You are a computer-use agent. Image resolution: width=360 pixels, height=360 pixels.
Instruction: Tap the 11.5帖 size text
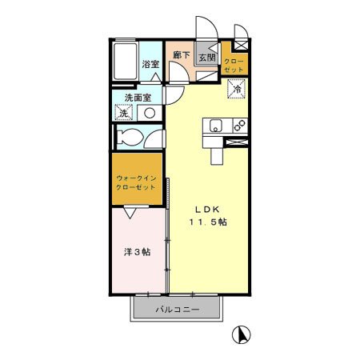(x=207, y=223)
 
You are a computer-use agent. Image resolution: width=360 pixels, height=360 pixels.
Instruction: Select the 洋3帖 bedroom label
(x=136, y=252)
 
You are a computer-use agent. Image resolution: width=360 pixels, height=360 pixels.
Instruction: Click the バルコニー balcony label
(x=175, y=309)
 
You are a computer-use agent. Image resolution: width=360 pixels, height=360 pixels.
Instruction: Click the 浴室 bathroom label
(x=150, y=64)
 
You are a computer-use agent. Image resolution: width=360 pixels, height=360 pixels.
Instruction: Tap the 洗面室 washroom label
(x=137, y=99)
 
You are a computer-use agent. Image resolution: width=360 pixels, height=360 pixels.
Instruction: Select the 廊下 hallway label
(x=182, y=56)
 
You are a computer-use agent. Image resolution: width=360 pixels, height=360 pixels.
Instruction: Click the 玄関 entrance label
(x=206, y=58)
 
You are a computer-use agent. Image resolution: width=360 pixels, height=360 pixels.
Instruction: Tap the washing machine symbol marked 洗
(x=124, y=113)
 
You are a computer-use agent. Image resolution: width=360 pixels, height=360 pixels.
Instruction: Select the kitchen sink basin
(x=215, y=125)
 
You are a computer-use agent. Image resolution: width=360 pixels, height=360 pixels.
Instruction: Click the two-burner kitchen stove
(x=237, y=125)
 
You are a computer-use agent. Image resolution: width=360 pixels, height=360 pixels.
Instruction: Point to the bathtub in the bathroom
(x=126, y=61)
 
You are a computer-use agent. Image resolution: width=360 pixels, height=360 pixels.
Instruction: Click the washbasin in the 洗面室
(x=150, y=113)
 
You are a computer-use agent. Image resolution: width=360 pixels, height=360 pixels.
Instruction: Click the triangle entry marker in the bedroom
(x=131, y=212)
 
